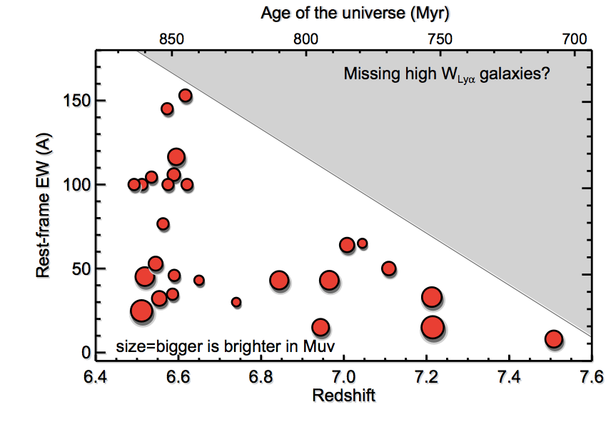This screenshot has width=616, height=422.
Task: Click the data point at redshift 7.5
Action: [553, 338]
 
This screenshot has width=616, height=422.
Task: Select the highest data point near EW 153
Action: [185, 96]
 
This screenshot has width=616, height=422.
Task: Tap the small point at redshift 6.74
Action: [236, 302]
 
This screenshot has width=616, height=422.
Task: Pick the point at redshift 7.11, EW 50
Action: [389, 268]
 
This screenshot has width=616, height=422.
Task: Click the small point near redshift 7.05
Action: [362, 243]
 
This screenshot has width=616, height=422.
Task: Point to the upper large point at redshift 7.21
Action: [431, 298]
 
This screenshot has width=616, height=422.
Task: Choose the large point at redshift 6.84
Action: [278, 281]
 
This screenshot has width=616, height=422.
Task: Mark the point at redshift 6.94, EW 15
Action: [320, 328]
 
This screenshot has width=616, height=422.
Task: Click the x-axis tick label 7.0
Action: [344, 376]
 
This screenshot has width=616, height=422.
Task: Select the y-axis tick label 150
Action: [76, 102]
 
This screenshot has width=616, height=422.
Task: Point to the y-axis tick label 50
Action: [79, 270]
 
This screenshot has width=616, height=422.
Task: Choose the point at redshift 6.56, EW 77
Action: [163, 223]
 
